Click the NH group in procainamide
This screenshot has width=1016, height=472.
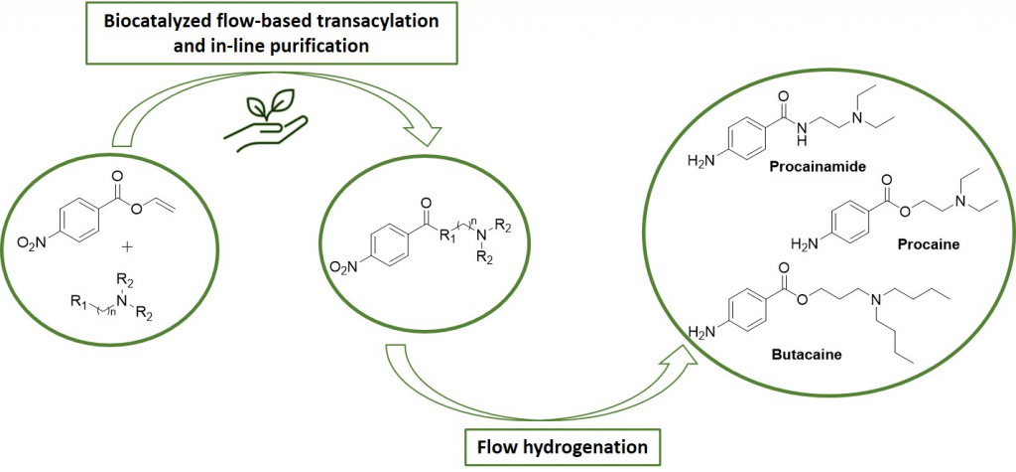coord(802,131)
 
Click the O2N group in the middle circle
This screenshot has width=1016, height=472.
coord(343,267)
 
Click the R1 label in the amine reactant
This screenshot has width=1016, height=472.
coord(78,302)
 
